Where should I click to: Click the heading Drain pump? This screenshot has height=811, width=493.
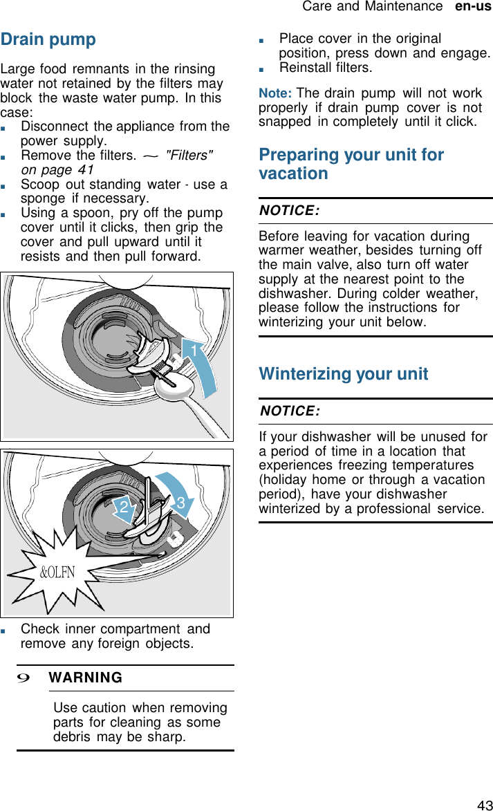pyautogui.click(x=48, y=39)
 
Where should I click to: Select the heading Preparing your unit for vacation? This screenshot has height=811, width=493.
pyautogui.click(x=351, y=164)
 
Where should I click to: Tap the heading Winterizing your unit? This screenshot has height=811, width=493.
pyautogui.click(x=344, y=374)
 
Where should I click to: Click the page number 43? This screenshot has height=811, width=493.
pyautogui.click(x=484, y=805)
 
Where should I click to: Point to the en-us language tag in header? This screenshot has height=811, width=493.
pyautogui.click(x=473, y=6)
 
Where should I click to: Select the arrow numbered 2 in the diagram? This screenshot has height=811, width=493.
pyautogui.click(x=125, y=509)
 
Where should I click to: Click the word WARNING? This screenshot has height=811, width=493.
pyautogui.click(x=86, y=678)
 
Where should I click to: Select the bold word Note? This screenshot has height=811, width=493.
pyautogui.click(x=275, y=93)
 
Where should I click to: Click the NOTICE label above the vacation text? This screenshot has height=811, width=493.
pyautogui.click(x=289, y=211)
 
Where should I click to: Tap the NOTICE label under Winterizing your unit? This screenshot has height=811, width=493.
pyautogui.click(x=289, y=411)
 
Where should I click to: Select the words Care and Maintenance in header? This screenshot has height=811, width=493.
pyautogui.click(x=372, y=6)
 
